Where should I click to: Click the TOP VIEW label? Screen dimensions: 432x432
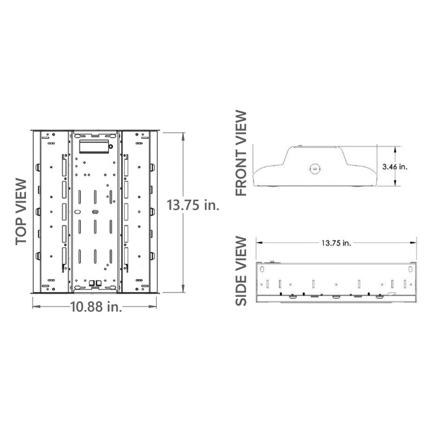(x=22, y=212)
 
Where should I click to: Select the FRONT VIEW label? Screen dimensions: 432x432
(x=241, y=153)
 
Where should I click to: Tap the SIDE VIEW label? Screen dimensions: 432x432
(x=241, y=271)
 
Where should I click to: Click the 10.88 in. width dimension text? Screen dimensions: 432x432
(x=96, y=305)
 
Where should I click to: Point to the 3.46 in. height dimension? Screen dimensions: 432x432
(x=395, y=167)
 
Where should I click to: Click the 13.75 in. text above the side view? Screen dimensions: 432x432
(x=336, y=243)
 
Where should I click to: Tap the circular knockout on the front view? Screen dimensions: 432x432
(x=314, y=167)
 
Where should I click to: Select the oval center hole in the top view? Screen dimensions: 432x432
(x=95, y=211)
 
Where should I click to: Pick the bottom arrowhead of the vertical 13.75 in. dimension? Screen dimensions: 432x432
(x=183, y=291)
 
